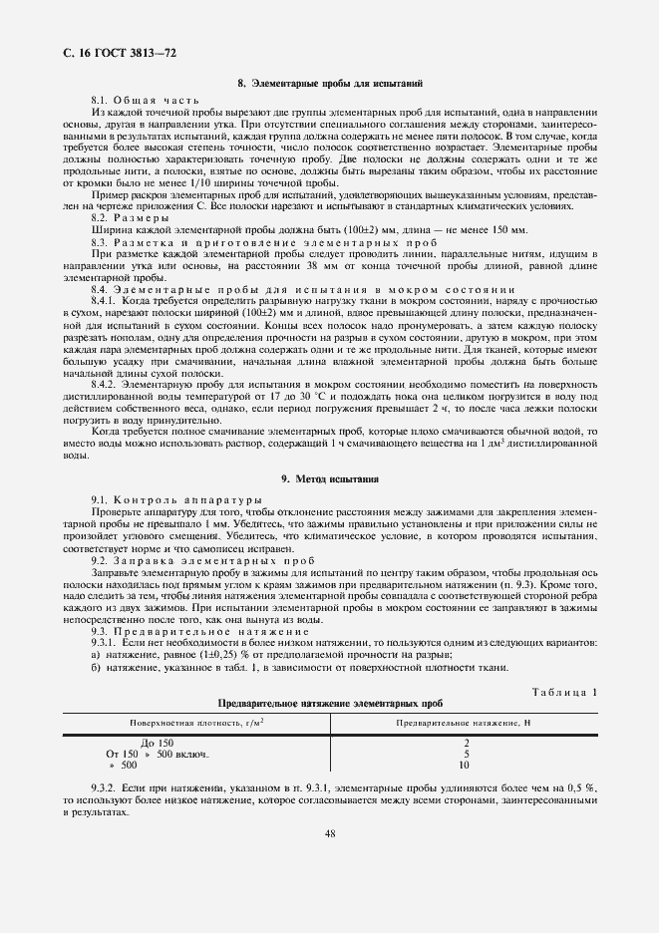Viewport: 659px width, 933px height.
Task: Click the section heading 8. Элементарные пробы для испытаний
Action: click(x=329, y=85)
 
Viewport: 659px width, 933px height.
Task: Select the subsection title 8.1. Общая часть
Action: click(x=145, y=102)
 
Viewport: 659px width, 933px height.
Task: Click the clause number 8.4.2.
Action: click(x=107, y=382)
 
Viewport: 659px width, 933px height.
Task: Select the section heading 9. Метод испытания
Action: click(x=329, y=478)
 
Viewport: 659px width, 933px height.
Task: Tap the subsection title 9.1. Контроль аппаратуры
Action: click(x=176, y=498)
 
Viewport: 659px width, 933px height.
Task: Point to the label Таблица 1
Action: click(x=564, y=691)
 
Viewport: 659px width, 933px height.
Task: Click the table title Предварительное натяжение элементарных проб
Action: click(x=330, y=703)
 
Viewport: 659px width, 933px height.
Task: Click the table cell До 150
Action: click(x=158, y=744)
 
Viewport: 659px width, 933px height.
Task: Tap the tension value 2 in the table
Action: click(x=465, y=744)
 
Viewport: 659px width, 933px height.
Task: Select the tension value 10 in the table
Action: click(x=465, y=766)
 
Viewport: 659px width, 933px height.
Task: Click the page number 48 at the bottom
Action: click(x=329, y=834)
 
